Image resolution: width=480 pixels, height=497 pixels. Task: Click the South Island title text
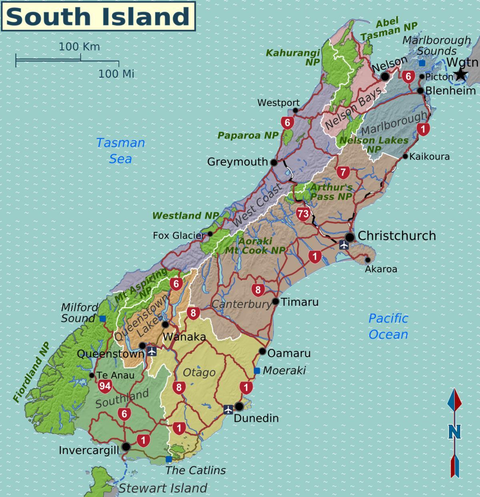pyautogui.click(x=98, y=16)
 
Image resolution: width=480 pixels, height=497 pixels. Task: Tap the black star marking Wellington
pyautogui.click(x=461, y=74)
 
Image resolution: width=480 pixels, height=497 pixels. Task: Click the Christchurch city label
pyautogui.click(x=397, y=236)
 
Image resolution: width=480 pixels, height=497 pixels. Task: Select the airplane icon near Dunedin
pyautogui.click(x=228, y=409)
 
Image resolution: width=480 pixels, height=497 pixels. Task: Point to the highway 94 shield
pyautogui.click(x=104, y=386)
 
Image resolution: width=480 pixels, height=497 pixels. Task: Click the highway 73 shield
pyautogui.click(x=303, y=214)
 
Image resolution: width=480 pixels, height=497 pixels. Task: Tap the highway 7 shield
pyautogui.click(x=343, y=173)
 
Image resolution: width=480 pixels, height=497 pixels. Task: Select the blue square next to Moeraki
pyautogui.click(x=256, y=371)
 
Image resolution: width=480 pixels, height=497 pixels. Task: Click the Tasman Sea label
pyautogui.click(x=120, y=151)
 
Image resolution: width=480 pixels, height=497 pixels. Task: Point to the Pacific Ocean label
pyautogui.click(x=388, y=326)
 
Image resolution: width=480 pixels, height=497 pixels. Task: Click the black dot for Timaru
pyautogui.click(x=276, y=301)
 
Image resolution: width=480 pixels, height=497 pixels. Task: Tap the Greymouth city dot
pyautogui.click(x=274, y=162)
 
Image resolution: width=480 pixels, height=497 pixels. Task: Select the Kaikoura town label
pyautogui.click(x=430, y=157)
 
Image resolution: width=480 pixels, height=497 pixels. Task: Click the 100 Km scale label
pyautogui.click(x=79, y=47)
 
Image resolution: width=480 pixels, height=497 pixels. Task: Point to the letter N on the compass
pyautogui.click(x=454, y=432)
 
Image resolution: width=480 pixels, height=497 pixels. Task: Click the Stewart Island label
pyautogui.click(x=163, y=488)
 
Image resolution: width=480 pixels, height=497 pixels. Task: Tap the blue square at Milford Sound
pyautogui.click(x=103, y=319)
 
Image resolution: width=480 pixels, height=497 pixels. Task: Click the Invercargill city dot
pyautogui.click(x=126, y=447)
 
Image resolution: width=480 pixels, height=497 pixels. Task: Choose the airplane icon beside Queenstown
pyautogui.click(x=152, y=351)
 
